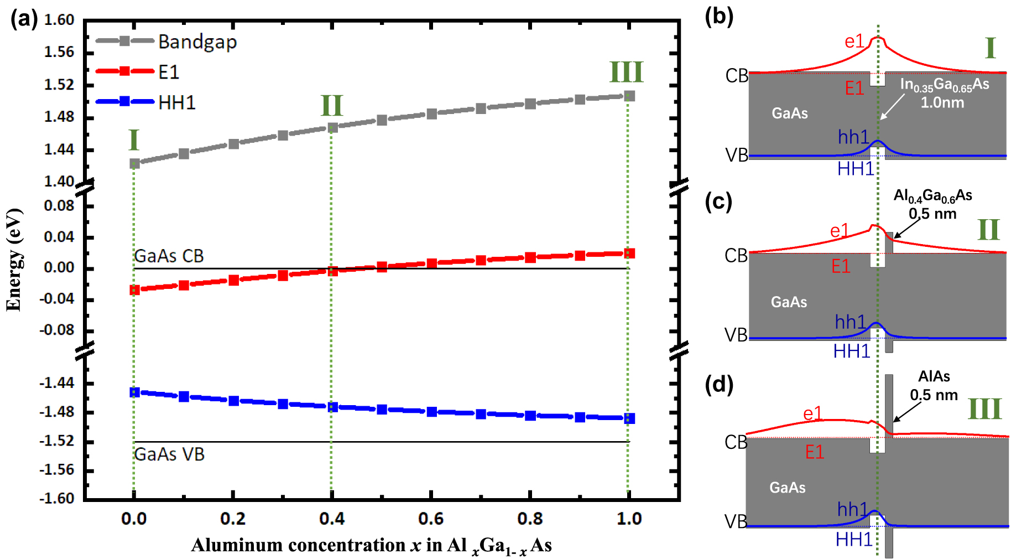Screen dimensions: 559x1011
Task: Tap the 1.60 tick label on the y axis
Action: (59, 20)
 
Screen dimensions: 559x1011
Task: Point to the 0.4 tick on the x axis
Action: (332, 519)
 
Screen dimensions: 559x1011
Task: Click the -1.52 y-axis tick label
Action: (58, 441)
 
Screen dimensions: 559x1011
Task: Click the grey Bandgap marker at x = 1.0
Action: (629, 96)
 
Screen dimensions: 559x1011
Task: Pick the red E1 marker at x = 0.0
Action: (134, 289)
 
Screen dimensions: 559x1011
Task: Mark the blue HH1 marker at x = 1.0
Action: (629, 418)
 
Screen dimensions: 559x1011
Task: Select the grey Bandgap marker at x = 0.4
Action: (332, 128)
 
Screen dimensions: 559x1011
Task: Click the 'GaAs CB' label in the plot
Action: (169, 256)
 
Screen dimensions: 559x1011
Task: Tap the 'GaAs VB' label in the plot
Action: (169, 454)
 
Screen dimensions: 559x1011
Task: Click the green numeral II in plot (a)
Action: (332, 105)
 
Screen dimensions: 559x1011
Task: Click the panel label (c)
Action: (718, 201)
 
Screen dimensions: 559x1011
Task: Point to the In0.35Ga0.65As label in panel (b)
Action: (944, 85)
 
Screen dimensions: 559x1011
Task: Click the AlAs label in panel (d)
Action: (934, 376)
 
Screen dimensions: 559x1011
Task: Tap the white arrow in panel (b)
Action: (892, 106)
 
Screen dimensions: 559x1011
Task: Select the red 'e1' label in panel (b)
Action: (854, 41)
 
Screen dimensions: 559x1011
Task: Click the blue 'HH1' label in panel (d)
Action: (853, 539)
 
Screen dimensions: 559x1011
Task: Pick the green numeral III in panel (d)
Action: (984, 409)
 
